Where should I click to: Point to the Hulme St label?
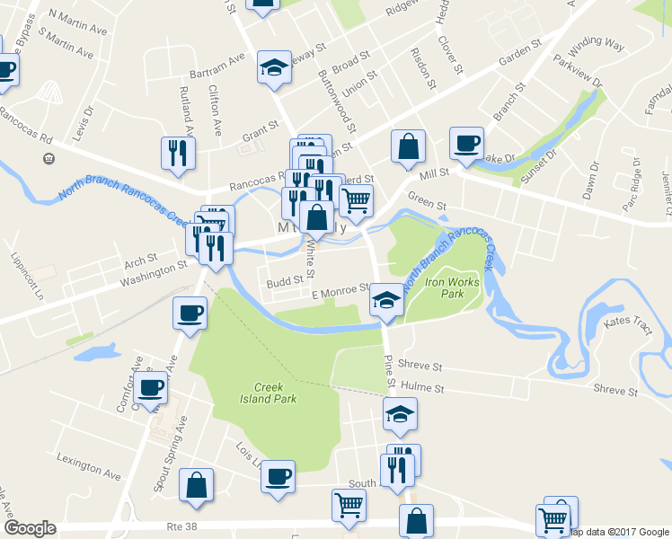point(422,388)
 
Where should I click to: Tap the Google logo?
point(29,528)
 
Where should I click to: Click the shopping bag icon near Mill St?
point(408,145)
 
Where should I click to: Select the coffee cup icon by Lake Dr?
point(466,143)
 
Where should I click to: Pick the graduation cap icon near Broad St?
point(273,66)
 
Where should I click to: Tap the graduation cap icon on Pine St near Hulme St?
point(400,414)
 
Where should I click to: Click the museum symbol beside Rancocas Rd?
point(49,159)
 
